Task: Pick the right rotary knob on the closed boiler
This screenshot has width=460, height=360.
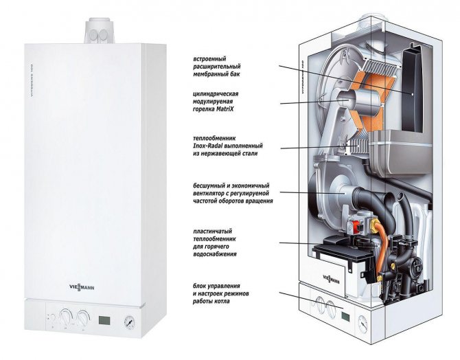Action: [83, 318]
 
